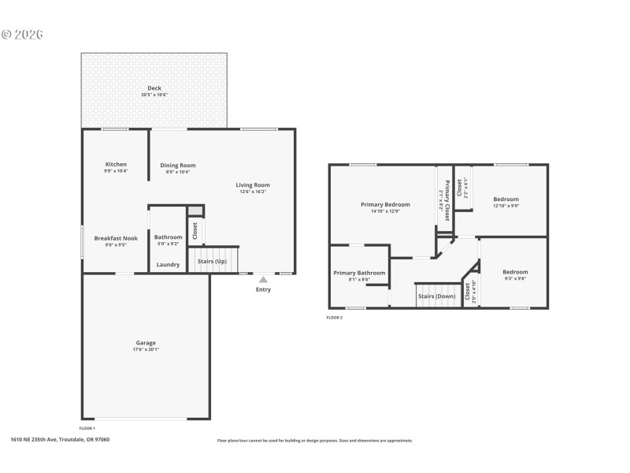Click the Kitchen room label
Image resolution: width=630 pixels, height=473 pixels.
(115, 164)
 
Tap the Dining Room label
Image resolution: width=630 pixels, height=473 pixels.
(178, 165)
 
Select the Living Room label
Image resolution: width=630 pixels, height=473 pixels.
(253, 184)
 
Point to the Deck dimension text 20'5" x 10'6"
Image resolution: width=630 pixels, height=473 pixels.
(154, 95)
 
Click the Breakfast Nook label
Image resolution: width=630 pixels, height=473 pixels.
(116, 237)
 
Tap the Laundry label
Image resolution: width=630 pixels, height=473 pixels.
(168, 264)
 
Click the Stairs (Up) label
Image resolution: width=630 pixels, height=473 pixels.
(212, 260)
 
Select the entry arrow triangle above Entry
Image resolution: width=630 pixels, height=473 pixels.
(263, 278)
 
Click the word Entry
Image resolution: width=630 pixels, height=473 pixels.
(263, 289)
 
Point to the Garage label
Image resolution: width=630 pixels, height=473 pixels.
(146, 342)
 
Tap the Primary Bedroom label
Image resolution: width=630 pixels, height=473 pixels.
(385, 204)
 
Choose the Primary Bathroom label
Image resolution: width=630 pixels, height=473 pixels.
(360, 273)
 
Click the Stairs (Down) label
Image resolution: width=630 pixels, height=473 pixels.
(436, 296)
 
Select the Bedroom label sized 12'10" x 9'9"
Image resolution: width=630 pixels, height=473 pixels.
(506, 199)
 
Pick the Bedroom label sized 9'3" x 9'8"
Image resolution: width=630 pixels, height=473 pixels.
(515, 271)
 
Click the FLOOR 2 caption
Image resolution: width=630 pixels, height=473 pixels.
(335, 318)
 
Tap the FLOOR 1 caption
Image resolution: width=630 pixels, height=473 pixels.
(87, 427)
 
